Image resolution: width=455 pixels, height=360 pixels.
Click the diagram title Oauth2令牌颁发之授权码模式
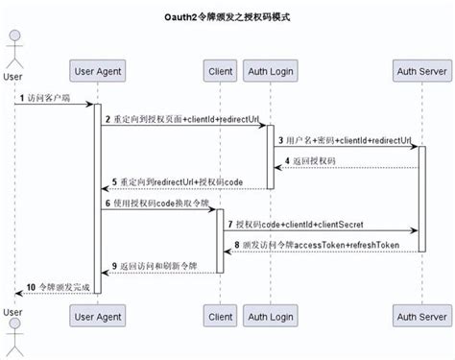tap(227, 18)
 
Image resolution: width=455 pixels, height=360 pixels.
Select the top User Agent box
tap(97, 72)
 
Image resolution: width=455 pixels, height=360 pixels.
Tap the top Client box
tap(220, 72)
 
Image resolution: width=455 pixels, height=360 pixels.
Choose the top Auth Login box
tap(270, 72)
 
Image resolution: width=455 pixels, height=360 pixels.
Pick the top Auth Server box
tap(420, 72)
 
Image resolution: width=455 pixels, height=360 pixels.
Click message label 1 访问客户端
tap(48, 97)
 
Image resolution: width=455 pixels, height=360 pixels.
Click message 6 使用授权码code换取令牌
tap(154, 203)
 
